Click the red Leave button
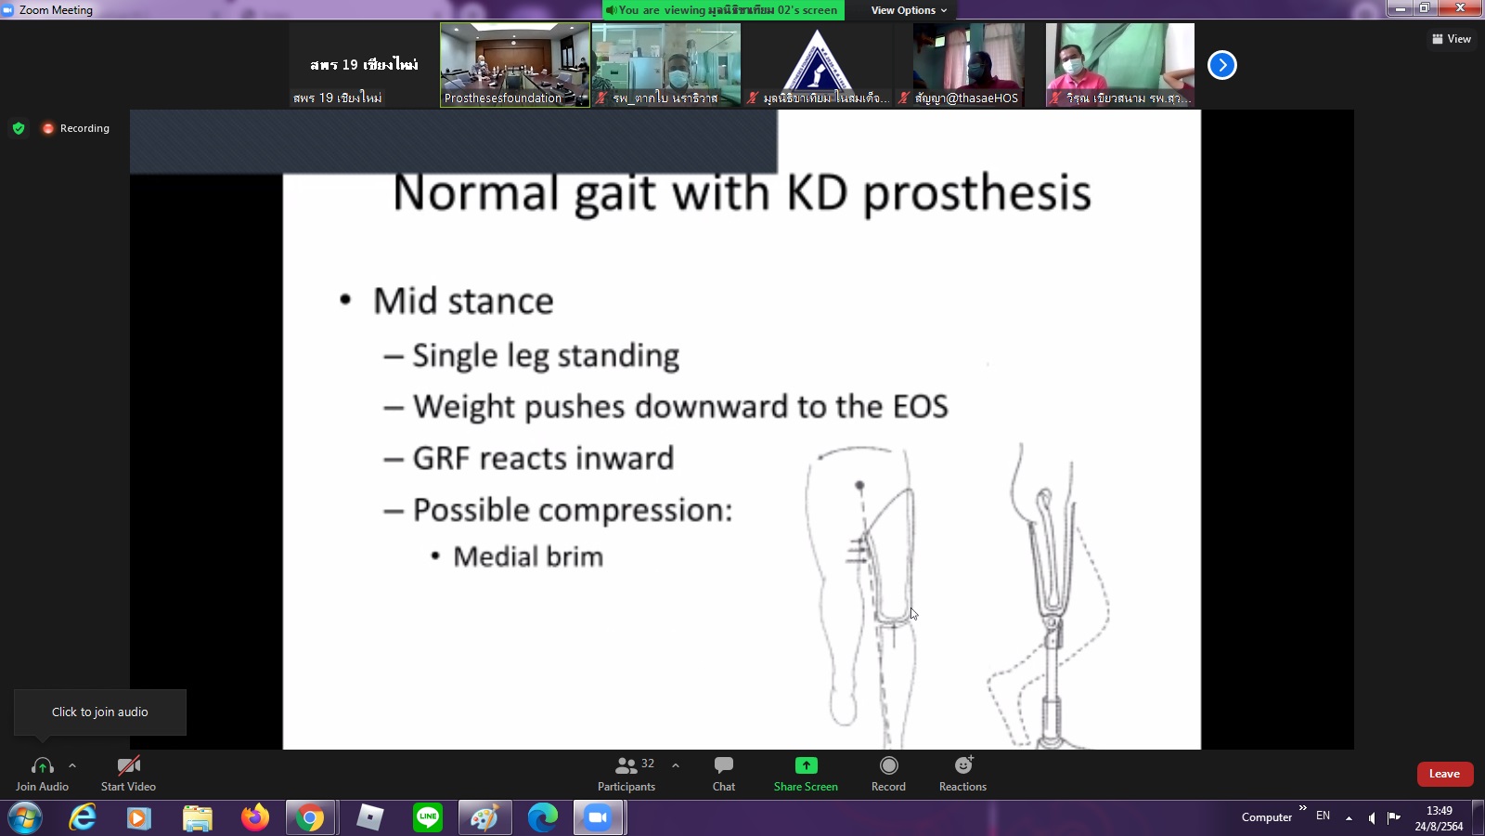pyautogui.click(x=1444, y=774)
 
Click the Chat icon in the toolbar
pyautogui.click(x=723, y=765)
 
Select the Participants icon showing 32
pyautogui.click(x=626, y=765)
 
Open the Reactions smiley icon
pyautogui.click(x=963, y=765)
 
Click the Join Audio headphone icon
pyautogui.click(x=43, y=766)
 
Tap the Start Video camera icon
pyautogui.click(x=129, y=765)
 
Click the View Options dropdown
pyautogui.click(x=909, y=10)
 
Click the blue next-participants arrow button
pyautogui.click(x=1221, y=65)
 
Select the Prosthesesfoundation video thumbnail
pyautogui.click(x=515, y=65)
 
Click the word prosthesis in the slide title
pyautogui.click(x=977, y=194)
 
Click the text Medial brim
pyautogui.click(x=528, y=556)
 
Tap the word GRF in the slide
pyautogui.click(x=441, y=458)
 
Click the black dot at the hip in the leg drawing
pyautogui.click(x=859, y=486)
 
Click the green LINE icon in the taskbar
pyautogui.click(x=428, y=816)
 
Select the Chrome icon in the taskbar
pyautogui.click(x=310, y=817)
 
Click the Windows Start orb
pyautogui.click(x=25, y=817)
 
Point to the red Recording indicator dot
pyautogui.click(x=47, y=128)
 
